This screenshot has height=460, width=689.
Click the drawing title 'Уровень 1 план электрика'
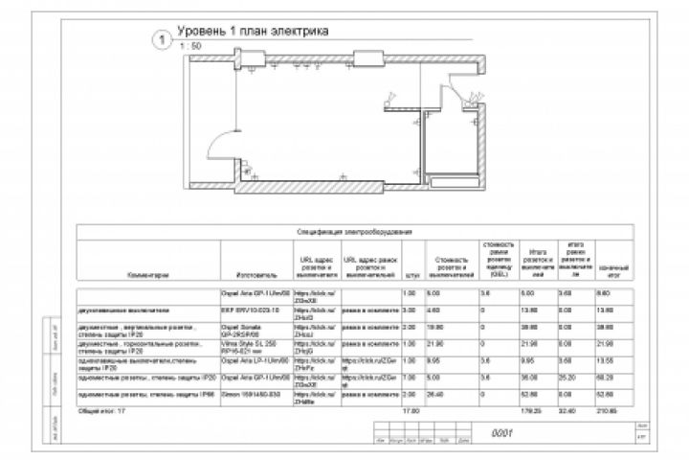pyautogui.click(x=252, y=32)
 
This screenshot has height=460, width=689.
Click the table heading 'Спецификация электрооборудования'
pyautogui.click(x=354, y=232)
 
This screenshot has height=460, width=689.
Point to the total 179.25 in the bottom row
pyautogui.click(x=532, y=411)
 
